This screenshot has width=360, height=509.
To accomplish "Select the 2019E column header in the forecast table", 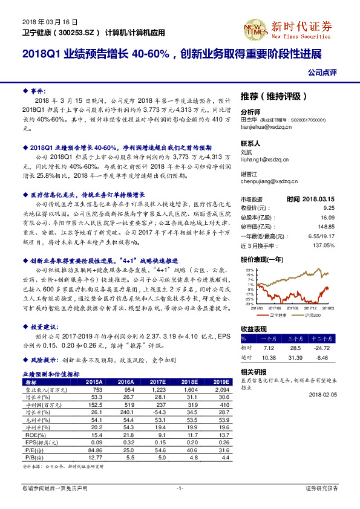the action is click(x=221, y=382).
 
